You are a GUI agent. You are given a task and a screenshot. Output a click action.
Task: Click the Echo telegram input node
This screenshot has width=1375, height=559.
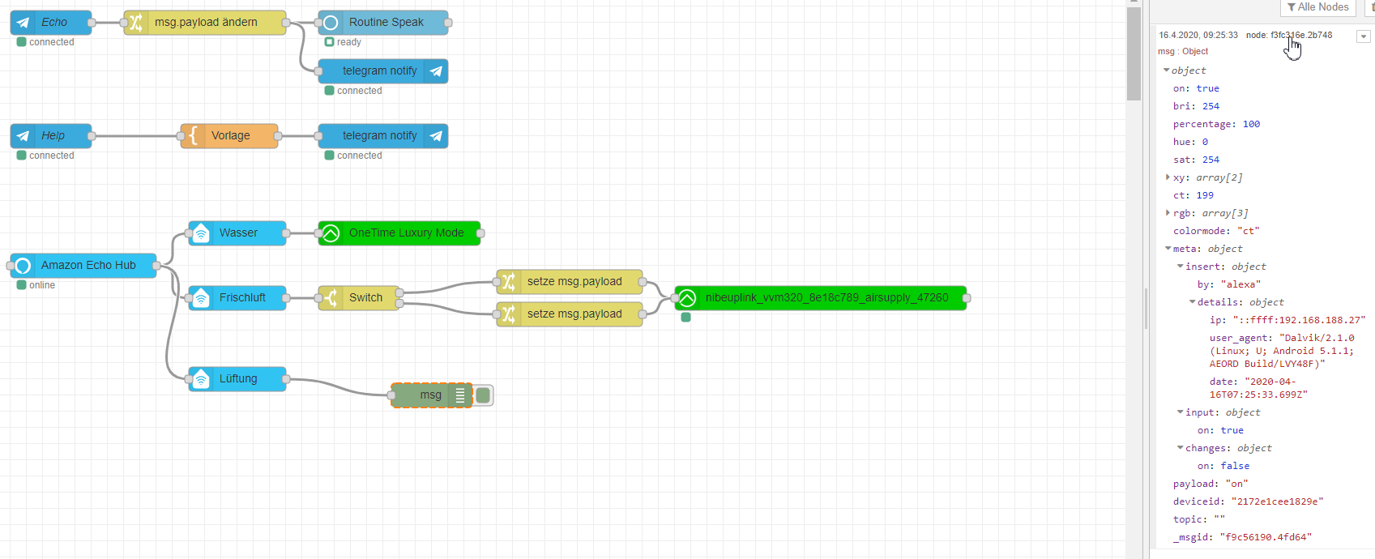click(51, 23)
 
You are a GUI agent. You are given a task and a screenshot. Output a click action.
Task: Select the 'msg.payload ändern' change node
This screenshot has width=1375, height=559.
click(205, 23)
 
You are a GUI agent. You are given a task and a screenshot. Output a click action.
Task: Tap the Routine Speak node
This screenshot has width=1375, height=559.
click(383, 23)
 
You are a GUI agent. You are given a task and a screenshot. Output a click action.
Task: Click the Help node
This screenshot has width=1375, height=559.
click(51, 135)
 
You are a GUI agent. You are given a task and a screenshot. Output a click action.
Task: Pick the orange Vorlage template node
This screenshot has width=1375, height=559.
click(229, 135)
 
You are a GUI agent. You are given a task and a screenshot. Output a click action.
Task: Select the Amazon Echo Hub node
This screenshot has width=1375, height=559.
click(83, 266)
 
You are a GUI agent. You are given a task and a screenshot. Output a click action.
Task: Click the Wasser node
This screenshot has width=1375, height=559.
click(237, 233)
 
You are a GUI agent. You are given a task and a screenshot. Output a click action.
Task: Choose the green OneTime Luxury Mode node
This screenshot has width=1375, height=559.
click(399, 233)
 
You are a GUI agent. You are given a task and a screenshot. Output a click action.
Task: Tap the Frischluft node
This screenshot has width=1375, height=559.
click(237, 298)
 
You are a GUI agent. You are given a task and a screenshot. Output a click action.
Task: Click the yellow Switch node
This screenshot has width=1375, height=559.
click(358, 298)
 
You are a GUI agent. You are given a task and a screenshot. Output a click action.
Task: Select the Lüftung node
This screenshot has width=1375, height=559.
click(237, 379)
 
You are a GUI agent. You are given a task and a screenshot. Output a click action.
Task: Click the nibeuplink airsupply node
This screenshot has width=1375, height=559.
click(821, 298)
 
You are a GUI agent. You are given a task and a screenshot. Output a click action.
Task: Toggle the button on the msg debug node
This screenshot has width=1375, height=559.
click(483, 395)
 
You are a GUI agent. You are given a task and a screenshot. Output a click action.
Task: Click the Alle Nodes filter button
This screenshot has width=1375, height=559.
click(1318, 7)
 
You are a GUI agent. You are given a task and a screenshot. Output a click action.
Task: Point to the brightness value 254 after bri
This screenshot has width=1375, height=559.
click(1211, 106)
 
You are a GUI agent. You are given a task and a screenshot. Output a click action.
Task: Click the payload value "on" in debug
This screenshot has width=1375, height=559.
click(1237, 484)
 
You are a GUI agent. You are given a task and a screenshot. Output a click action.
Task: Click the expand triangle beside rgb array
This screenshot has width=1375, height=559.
click(1168, 213)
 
